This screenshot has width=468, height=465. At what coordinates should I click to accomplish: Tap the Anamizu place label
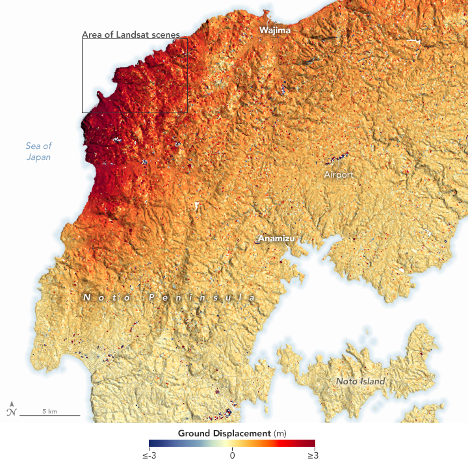(x=276, y=239)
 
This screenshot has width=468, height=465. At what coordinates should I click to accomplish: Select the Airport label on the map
(x=339, y=175)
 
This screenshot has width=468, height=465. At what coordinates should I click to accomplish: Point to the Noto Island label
(x=360, y=381)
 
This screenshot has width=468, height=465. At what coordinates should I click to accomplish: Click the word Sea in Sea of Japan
(x=32, y=146)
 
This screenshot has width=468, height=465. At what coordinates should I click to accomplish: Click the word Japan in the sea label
(x=38, y=157)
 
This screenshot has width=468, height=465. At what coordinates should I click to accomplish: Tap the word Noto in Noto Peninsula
(x=105, y=297)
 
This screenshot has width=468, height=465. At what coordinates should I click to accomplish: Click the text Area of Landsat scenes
(x=131, y=34)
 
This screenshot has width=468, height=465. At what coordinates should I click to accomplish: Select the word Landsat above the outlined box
(x=142, y=34)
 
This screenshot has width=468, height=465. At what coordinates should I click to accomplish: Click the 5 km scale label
(x=49, y=411)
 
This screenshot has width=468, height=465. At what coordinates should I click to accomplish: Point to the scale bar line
(x=49, y=416)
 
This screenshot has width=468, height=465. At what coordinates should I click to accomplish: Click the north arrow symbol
(x=10, y=408)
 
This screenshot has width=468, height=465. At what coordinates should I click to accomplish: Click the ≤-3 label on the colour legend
(x=149, y=455)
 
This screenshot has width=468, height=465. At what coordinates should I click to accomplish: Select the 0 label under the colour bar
(x=232, y=455)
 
